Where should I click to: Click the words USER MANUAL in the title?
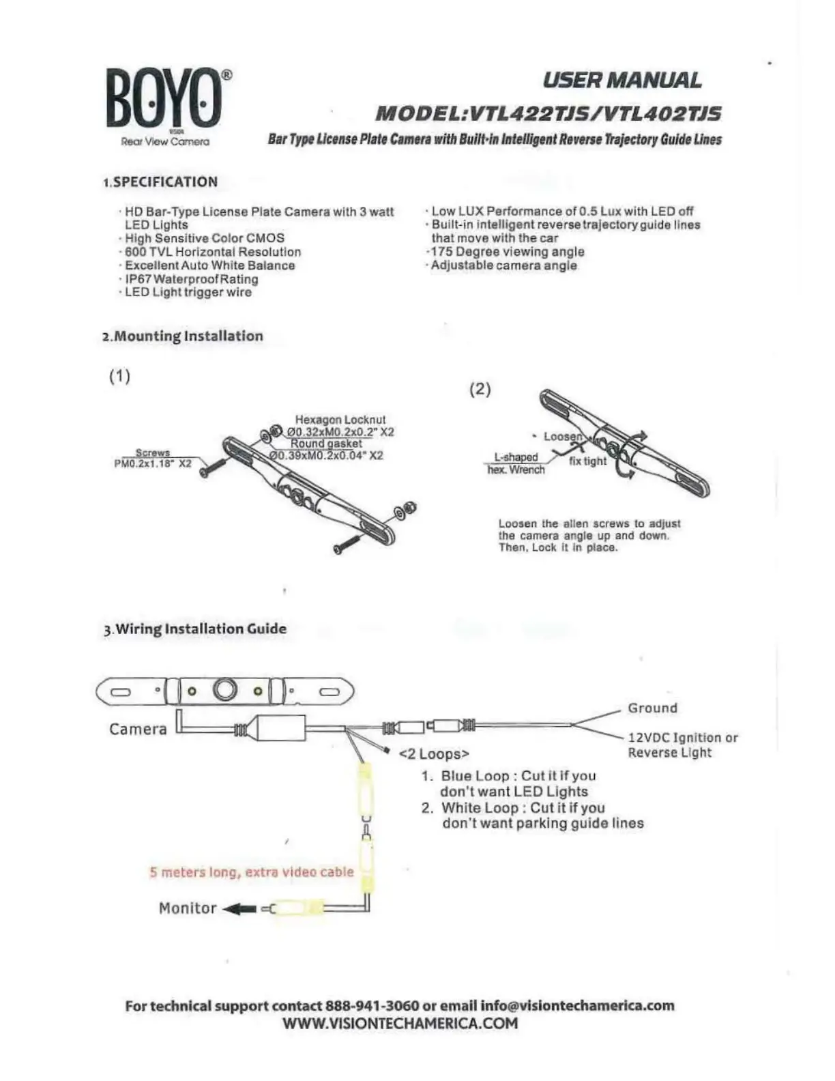pos(621,81)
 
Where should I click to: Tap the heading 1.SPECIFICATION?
pos(160,182)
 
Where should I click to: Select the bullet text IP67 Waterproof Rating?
pos(192,279)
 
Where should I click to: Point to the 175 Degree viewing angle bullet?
pos(508,252)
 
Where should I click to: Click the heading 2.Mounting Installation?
pos(182,336)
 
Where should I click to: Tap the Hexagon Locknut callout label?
pos(340,420)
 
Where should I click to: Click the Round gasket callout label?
pos(326,444)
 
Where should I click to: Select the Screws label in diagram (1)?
pos(153,452)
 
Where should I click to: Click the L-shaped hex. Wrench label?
pos(516,463)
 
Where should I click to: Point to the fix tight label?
pos(587,461)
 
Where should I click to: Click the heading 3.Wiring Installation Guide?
pos(195,629)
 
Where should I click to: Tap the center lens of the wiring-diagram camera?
pos(224,690)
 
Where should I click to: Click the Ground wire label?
pos(652,708)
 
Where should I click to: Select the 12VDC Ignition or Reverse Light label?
pos(682,745)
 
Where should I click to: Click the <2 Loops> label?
pos(434,754)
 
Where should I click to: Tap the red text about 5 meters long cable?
pos(252,872)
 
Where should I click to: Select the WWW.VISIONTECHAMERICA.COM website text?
pos(400,1024)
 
